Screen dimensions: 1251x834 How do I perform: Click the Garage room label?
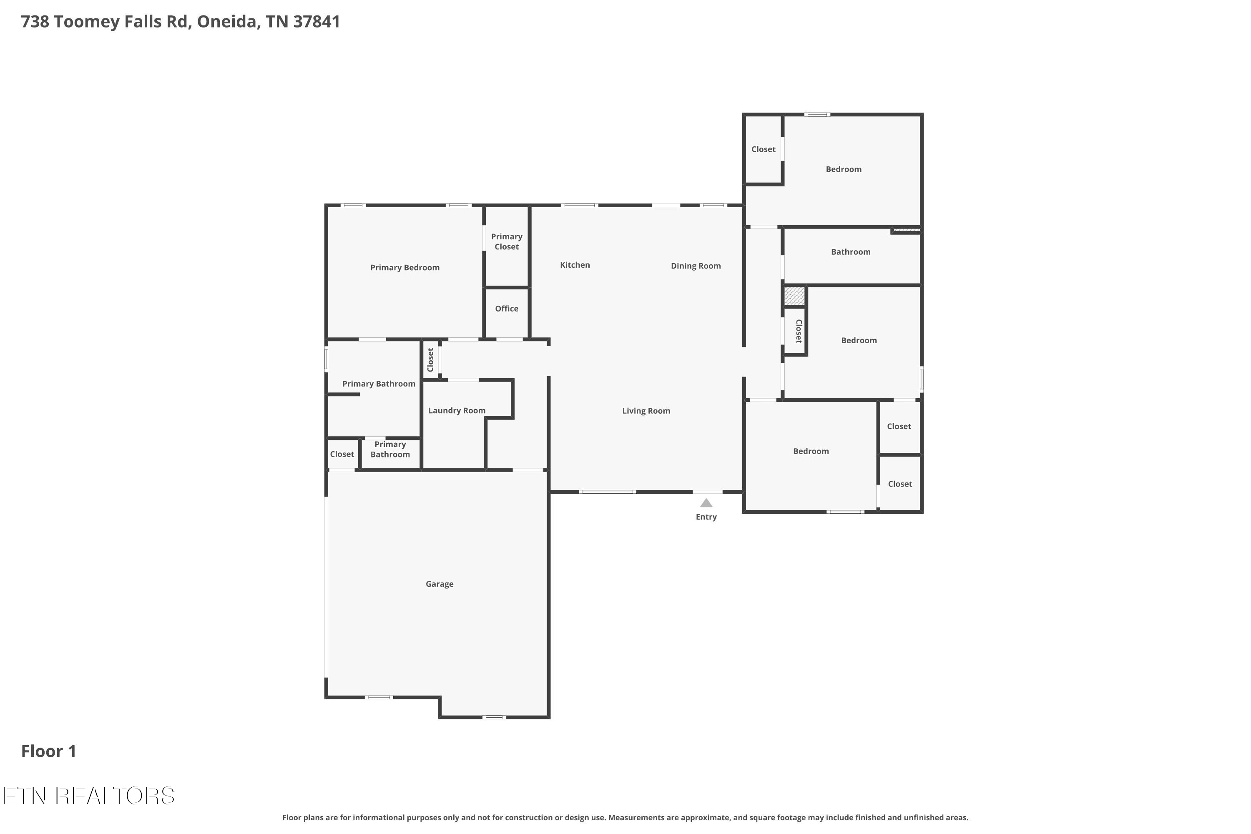coord(440,584)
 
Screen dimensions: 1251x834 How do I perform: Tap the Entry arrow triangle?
coord(706,502)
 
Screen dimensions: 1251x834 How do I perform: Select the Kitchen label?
coord(575,265)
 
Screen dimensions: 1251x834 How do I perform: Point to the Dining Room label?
coord(696,266)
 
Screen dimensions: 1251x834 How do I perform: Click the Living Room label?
coord(646,411)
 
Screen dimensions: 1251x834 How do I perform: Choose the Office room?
coord(506,313)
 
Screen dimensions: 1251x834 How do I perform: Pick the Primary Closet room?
coord(506,246)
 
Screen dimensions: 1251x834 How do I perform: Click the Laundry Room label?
coord(457,411)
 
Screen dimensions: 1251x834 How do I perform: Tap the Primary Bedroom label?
coord(405,268)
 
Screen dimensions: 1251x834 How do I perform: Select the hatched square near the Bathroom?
coord(794,296)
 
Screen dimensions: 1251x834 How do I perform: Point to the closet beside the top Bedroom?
coord(763,149)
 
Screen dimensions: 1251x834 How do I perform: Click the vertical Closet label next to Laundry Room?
coord(430,360)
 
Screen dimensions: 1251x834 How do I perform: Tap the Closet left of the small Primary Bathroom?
coord(342,454)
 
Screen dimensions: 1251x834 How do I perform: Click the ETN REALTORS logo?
coord(88,796)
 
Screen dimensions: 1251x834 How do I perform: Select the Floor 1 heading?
coord(48,751)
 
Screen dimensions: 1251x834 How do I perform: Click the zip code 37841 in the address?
coord(317,22)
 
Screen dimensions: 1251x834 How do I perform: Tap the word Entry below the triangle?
coord(706,517)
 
